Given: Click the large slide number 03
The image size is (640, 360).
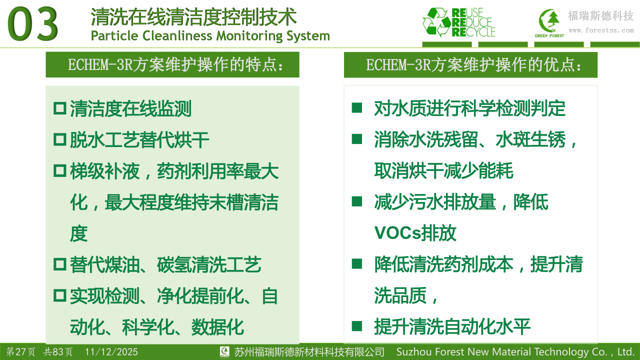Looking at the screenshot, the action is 32,24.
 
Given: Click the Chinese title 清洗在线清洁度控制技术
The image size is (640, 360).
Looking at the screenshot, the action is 193,17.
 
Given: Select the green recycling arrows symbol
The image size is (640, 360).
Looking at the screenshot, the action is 436,22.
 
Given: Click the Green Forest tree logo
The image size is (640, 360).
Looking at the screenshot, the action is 549,23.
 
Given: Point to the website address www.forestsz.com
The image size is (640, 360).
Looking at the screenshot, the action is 601,30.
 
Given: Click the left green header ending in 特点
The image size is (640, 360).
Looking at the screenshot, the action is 172,64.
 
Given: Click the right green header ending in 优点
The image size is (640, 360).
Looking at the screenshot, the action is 470,65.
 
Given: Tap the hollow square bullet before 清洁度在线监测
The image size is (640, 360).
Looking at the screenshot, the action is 60,108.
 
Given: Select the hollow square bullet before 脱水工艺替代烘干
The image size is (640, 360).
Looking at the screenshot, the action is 60,139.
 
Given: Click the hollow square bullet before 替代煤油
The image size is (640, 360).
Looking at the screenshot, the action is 60,264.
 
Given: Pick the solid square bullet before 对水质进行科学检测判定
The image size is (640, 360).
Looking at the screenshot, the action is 357,108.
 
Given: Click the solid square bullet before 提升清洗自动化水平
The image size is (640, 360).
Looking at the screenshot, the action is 357,326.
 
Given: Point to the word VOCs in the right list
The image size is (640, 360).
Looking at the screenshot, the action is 397,233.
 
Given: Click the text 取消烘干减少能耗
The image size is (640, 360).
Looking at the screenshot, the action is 443,171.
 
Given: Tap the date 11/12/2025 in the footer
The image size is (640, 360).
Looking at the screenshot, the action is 111,351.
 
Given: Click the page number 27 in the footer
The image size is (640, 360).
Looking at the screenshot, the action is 20,351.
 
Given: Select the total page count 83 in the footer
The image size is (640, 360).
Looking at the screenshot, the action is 58,351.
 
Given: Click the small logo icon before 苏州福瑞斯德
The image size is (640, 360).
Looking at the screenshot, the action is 224,351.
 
